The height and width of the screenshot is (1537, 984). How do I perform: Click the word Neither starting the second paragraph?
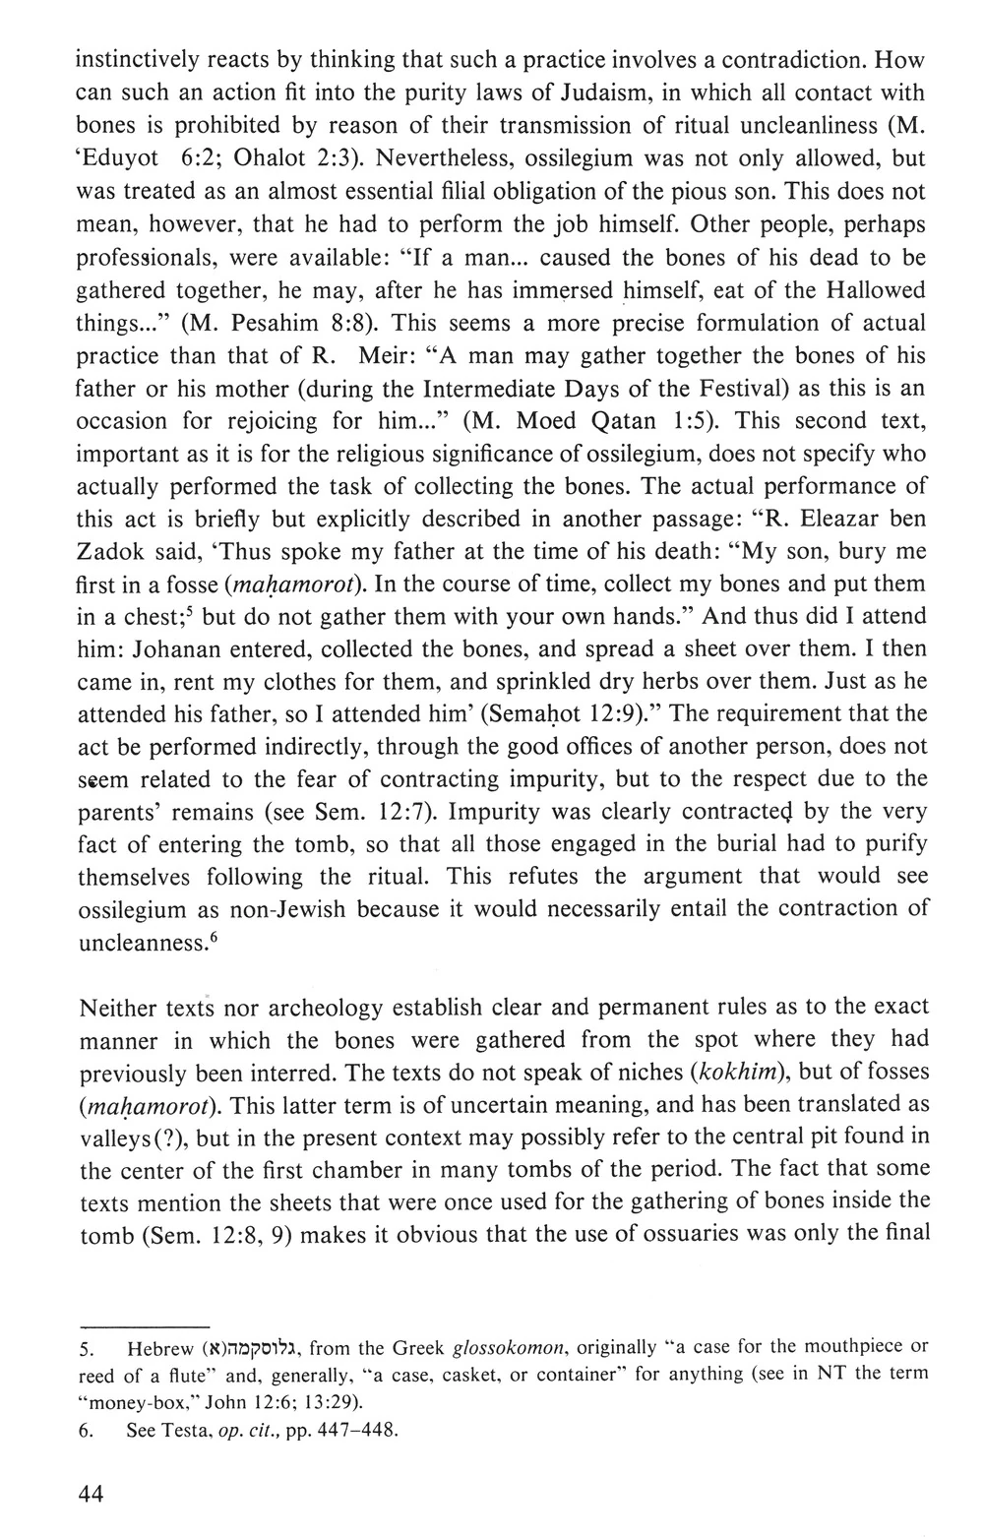tap(119, 1009)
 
